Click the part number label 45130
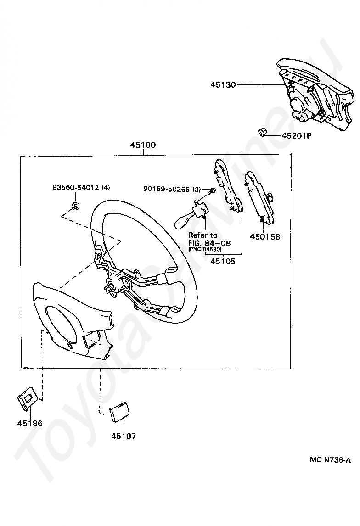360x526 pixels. pos(223,84)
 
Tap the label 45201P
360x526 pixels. pos(296,135)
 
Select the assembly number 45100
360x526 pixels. pos(143,145)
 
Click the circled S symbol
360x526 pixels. pos(75,206)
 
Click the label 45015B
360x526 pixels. pos(264,237)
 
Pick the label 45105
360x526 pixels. pos(223,262)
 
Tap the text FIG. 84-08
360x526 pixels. pos(209,243)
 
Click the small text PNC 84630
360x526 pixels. pos(205,249)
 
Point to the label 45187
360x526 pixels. pos(124,436)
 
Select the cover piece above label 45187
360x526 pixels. pos(120,411)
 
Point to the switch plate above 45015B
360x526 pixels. pos(259,197)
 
